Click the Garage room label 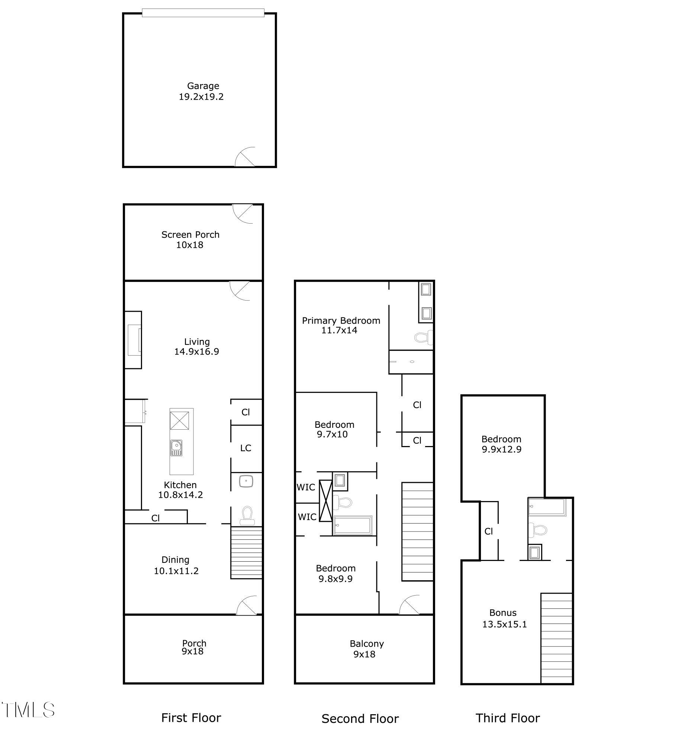click(203, 86)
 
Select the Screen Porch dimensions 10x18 click(190, 245)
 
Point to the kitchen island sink click(176, 448)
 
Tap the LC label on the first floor click(245, 448)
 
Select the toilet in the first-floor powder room click(247, 516)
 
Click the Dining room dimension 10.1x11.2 click(176, 571)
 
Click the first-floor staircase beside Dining click(246, 552)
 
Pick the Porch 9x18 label click(194, 647)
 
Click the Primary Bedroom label click(341, 321)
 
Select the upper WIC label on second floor click(306, 487)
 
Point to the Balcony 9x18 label click(366, 649)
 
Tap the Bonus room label click(503, 613)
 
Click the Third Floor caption click(507, 718)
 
